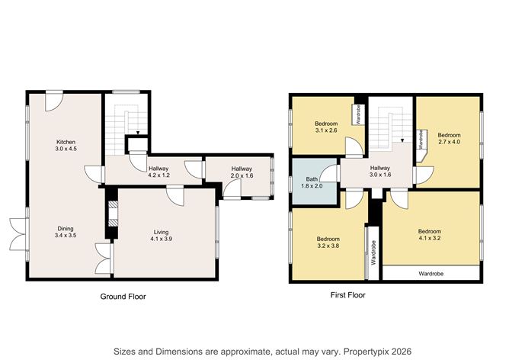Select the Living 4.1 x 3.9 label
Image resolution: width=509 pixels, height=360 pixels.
(x=161, y=235)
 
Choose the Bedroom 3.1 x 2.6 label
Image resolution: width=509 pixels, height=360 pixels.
(x=326, y=127)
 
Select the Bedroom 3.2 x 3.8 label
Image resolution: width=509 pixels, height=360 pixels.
(x=328, y=243)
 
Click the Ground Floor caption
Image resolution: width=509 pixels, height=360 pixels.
(x=123, y=296)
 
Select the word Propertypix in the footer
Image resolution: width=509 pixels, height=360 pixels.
(x=357, y=351)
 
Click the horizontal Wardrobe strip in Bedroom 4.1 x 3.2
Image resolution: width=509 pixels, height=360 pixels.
(x=431, y=273)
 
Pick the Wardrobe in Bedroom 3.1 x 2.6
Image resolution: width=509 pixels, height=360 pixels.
(x=356, y=114)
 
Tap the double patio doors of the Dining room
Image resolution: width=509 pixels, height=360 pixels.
(x=17, y=234)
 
